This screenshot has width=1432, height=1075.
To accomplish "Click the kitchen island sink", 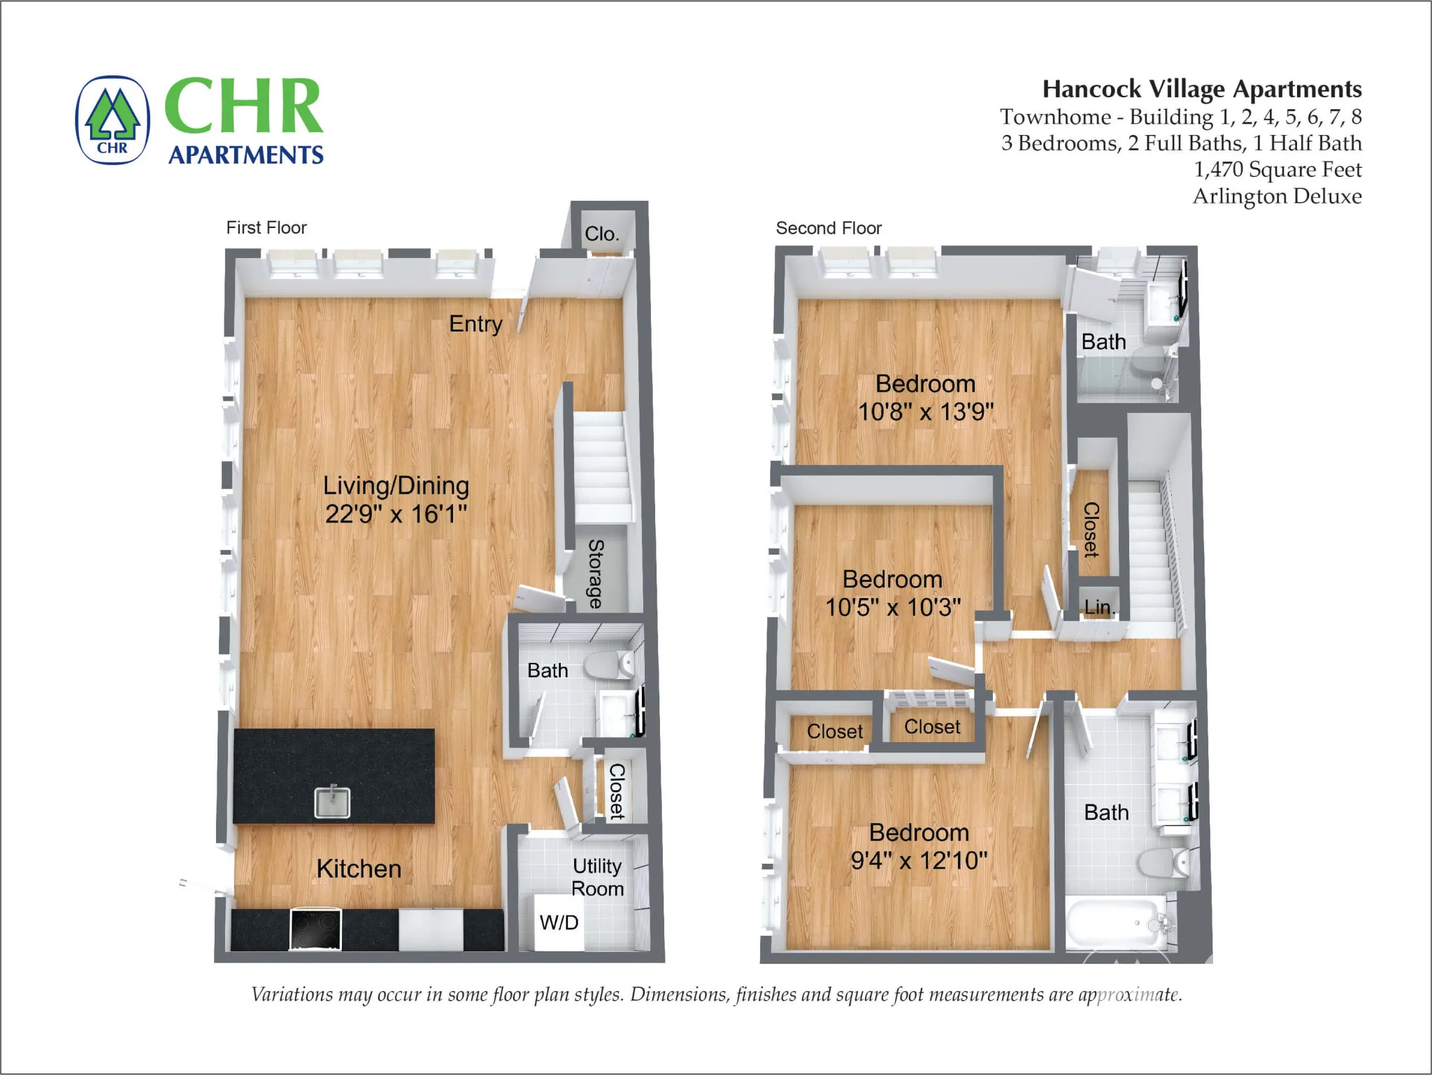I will [332, 802].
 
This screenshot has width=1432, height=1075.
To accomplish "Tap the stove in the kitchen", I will [315, 930].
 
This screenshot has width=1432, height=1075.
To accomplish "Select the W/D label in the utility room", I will [559, 923].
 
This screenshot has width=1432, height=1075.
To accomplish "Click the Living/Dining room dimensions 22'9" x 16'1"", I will [396, 514].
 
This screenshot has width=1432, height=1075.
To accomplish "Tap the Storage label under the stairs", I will [596, 574].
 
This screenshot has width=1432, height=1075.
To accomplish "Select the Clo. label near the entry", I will [602, 234].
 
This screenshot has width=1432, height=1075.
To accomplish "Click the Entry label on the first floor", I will [475, 324].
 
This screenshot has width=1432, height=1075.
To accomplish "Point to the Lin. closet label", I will [1098, 607].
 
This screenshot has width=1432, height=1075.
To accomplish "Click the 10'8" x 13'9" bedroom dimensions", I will [925, 411].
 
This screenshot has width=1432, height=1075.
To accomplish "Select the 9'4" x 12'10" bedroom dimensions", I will [919, 860].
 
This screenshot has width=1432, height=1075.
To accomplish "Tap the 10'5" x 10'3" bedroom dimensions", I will [893, 607].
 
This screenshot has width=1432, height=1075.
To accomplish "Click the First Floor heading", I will [266, 227].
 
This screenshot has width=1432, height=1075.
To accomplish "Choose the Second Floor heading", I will [829, 228].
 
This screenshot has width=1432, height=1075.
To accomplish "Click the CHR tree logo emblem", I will [113, 120].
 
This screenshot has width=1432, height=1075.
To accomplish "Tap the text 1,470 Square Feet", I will [1277, 169].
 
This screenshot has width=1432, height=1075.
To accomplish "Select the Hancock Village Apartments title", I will [1201, 90].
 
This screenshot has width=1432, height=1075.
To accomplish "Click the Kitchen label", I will [359, 869].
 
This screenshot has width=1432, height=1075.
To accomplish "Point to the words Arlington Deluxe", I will [1277, 196].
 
